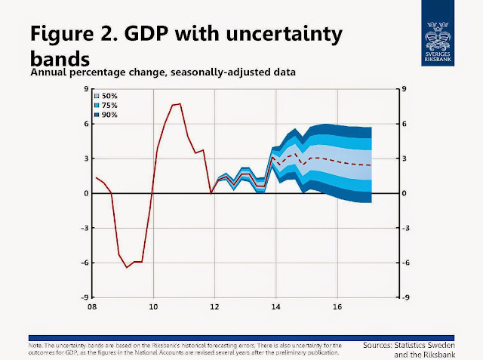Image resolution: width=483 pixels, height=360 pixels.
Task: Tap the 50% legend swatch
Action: pos(97,97)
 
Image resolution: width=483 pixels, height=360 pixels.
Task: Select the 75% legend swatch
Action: pos(97,106)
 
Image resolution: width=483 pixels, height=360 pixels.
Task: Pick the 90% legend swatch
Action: pos(97,115)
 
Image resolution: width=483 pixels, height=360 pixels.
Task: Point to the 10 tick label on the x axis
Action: pos(153,307)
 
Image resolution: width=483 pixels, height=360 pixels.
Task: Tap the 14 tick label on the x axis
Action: pos(276,307)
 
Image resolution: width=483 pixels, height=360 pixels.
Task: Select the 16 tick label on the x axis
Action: pos(338,307)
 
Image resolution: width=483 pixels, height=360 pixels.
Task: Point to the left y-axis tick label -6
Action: pos(85,263)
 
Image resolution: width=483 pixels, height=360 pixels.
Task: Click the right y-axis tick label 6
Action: pos(404,124)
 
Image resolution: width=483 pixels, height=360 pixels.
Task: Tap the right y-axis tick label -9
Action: pos(405,297)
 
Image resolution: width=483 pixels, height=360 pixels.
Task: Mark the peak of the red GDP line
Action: pos(179,103)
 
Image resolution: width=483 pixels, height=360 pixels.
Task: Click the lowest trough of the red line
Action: pos(126,267)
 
